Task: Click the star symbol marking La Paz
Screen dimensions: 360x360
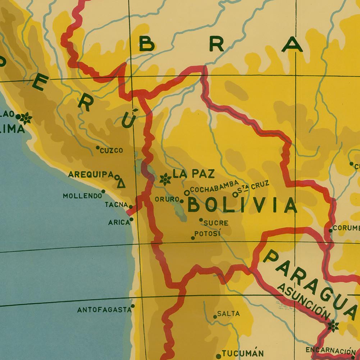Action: (x=165, y=178)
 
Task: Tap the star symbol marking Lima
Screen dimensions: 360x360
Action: (x=26, y=118)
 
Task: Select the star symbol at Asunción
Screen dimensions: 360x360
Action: (x=333, y=326)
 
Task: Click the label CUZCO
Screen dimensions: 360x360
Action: (x=111, y=150)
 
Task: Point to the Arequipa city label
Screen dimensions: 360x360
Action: (x=91, y=175)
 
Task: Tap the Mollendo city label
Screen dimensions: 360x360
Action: (x=82, y=196)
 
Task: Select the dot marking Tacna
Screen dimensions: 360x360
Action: (x=131, y=207)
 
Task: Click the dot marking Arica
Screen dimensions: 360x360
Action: (x=131, y=219)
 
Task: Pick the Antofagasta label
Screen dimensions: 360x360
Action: (x=104, y=309)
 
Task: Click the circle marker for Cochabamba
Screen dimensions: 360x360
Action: (x=187, y=193)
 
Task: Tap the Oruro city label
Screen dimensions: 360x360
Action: (x=167, y=199)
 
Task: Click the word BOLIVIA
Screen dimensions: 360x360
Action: (x=242, y=206)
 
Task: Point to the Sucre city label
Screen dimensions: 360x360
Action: (x=216, y=223)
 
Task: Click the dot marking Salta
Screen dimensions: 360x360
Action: (x=215, y=317)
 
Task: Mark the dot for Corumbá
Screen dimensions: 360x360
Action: (x=331, y=231)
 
